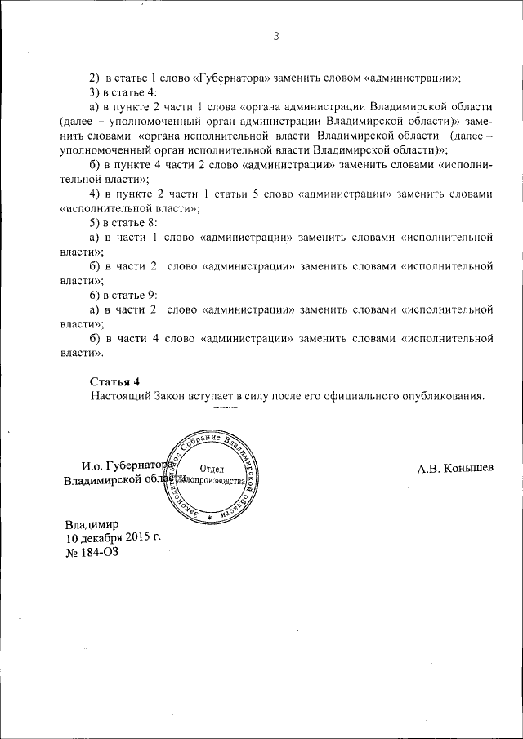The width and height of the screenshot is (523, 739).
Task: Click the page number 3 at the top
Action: pos(276,36)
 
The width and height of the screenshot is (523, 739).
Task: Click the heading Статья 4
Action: pos(114,381)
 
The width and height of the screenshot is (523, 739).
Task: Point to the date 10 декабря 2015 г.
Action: pos(113,538)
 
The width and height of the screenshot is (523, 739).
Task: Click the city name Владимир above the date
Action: pos(92,524)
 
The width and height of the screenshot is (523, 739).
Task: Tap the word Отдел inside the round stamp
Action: pos(212,468)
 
